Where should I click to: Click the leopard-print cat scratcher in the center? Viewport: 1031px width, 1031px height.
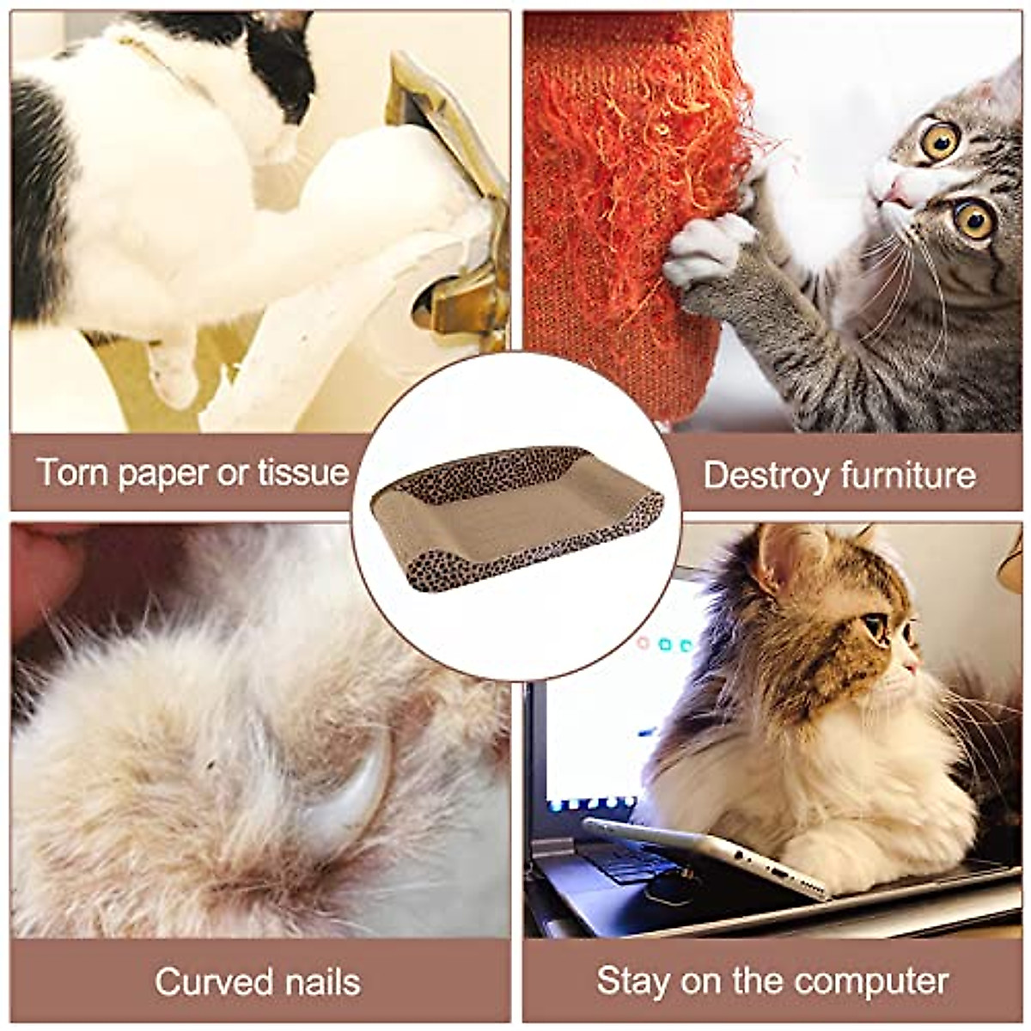(x=515, y=515)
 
